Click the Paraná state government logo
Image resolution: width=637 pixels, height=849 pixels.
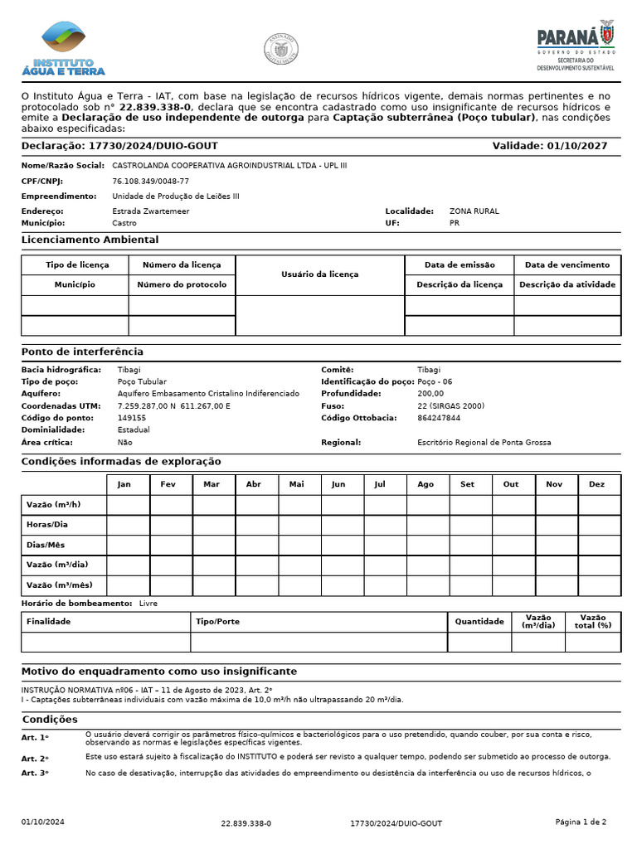(576, 46)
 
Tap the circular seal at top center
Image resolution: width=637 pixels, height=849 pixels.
(281, 49)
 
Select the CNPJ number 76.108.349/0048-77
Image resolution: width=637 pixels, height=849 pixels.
(150, 181)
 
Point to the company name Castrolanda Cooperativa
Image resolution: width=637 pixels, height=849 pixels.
(229, 165)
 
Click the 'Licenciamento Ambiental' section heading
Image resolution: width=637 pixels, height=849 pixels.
(90, 240)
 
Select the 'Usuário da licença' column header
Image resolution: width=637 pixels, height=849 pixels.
(319, 274)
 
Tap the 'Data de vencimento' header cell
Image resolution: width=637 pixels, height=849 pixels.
(566, 264)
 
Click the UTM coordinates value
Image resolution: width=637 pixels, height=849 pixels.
(173, 406)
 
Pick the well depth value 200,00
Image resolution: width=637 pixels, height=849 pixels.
(430, 394)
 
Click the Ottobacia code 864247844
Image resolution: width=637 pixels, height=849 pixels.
(439, 418)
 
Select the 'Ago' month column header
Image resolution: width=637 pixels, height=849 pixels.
(425, 484)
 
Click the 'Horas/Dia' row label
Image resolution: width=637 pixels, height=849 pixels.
(47, 525)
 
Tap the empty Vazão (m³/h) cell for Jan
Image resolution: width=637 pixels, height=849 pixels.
(128, 505)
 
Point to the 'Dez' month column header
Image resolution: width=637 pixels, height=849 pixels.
(597, 484)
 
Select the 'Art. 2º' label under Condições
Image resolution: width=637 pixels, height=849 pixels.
(35, 759)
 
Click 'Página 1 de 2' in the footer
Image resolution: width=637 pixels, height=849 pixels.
(581, 822)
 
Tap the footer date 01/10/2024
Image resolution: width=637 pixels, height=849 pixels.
(42, 822)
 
